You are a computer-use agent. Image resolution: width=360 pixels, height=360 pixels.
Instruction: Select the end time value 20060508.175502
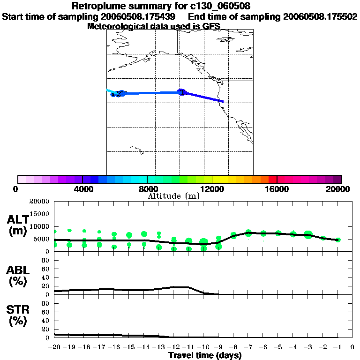point(320,16)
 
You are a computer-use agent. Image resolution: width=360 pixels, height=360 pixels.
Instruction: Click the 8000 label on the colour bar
point(147,189)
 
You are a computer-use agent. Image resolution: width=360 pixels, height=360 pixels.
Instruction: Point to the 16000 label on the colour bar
point(277,189)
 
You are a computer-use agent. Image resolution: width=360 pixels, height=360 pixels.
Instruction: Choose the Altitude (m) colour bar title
point(174,196)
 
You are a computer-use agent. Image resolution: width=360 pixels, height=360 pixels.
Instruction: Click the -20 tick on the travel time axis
point(55,347)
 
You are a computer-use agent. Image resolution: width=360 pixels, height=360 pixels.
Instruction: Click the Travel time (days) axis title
point(205,355)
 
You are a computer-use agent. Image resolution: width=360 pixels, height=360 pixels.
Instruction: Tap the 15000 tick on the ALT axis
point(40,214)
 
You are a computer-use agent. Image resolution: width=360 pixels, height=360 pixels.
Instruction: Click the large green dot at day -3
point(308,234)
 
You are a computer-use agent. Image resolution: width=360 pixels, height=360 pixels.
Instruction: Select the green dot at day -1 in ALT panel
point(338,240)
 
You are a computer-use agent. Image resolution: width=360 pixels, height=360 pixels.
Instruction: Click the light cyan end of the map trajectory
point(108,90)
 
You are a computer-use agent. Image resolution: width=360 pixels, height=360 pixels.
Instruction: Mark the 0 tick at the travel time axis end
point(352,347)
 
